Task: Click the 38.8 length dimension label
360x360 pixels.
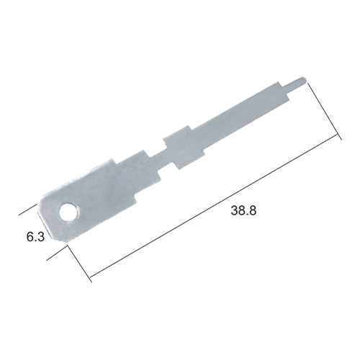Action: point(243,210)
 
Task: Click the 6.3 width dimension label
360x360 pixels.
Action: point(35,237)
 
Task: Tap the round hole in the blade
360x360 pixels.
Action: point(69,212)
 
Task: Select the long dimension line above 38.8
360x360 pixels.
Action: point(215,206)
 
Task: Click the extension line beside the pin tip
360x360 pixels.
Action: point(325,111)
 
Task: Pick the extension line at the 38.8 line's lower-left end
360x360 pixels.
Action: point(79,264)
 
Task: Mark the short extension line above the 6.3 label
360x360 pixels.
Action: point(28,210)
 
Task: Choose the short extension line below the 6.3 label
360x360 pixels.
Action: point(56,253)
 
